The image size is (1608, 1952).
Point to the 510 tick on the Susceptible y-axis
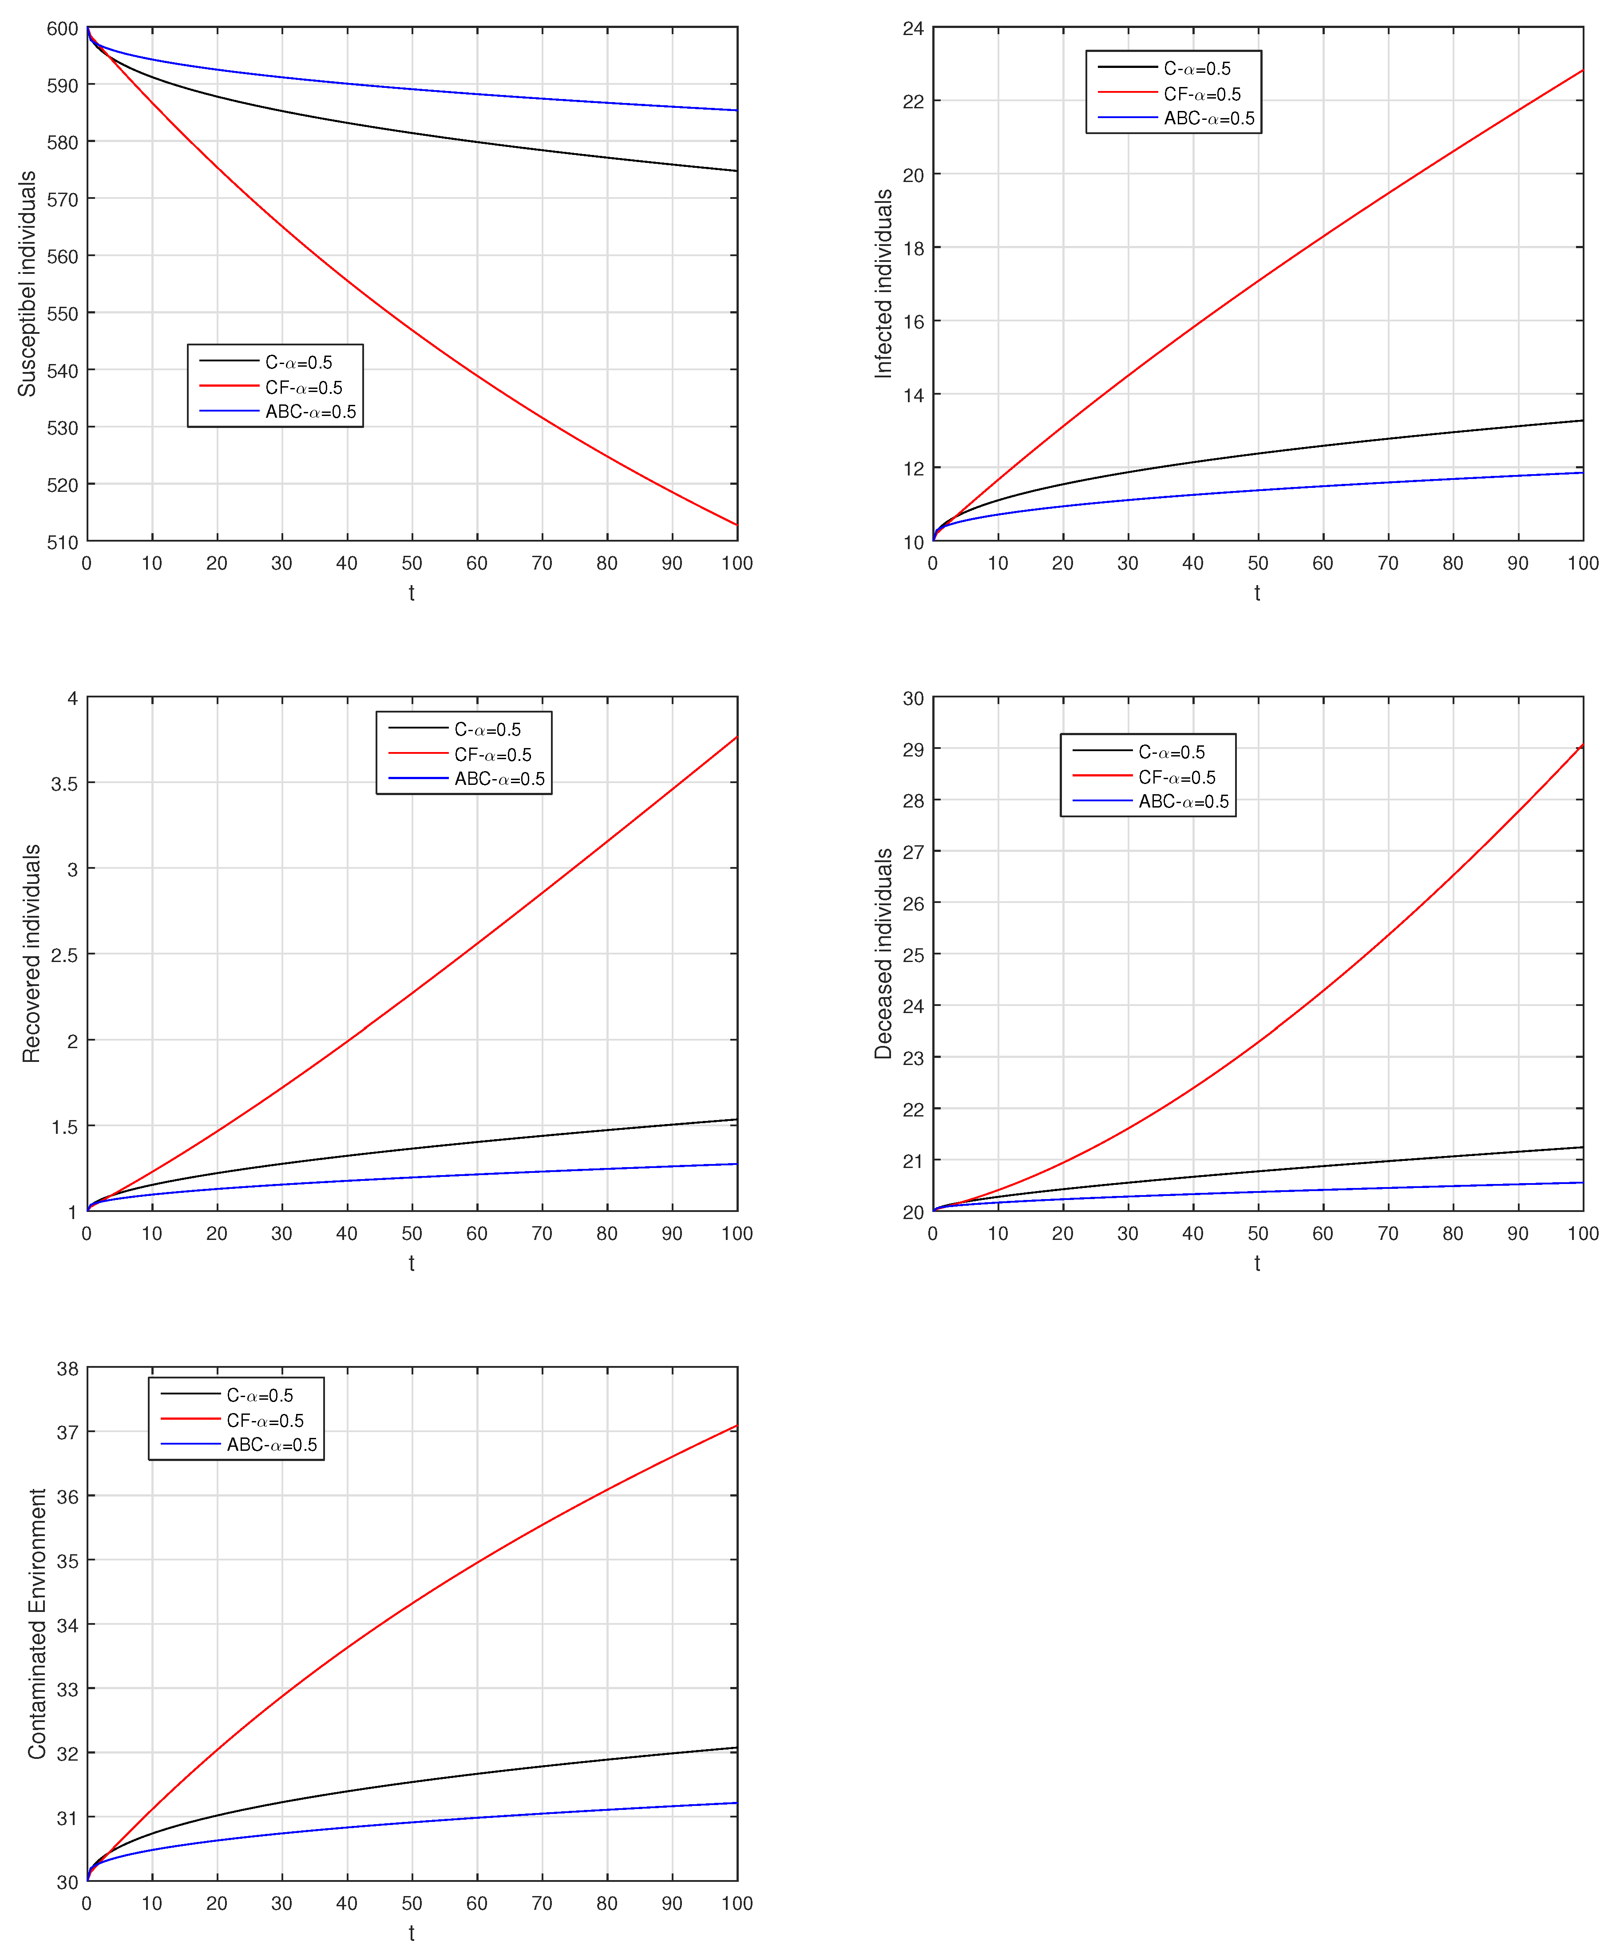63,542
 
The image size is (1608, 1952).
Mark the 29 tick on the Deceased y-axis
913,749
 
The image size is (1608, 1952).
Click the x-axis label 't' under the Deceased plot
1257,1263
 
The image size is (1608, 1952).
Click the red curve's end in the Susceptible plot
737,525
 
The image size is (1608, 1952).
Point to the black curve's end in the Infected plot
1582,420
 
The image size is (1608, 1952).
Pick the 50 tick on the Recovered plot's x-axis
412,1233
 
